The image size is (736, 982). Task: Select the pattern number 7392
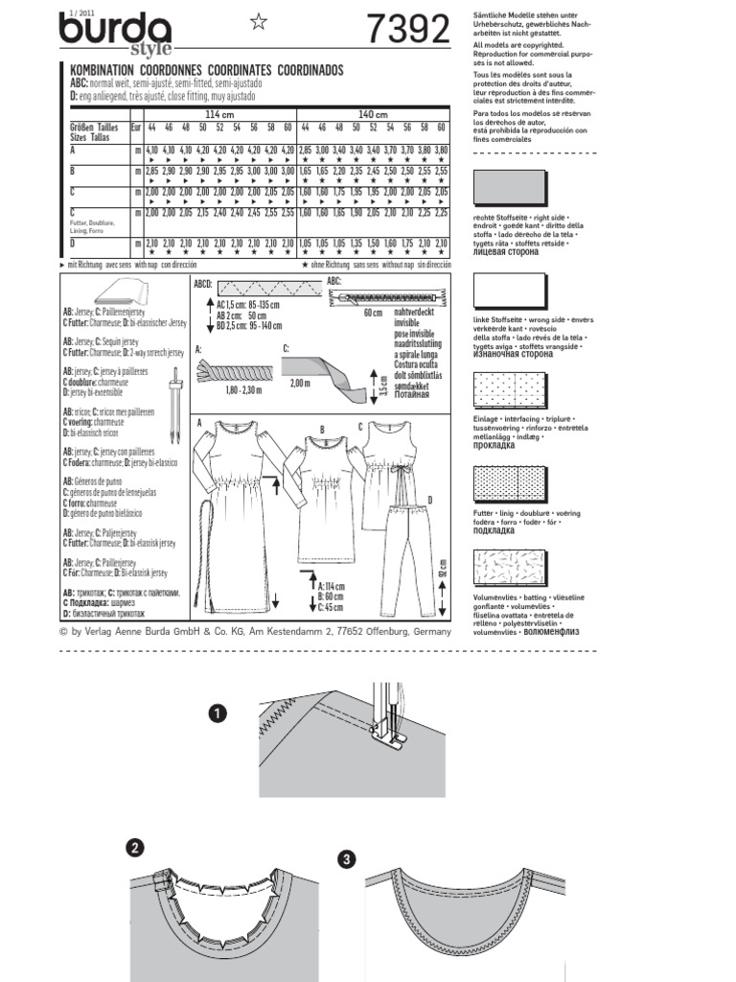click(x=406, y=33)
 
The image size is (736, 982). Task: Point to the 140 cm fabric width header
click(x=374, y=115)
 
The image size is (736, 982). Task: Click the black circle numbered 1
click(x=219, y=713)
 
